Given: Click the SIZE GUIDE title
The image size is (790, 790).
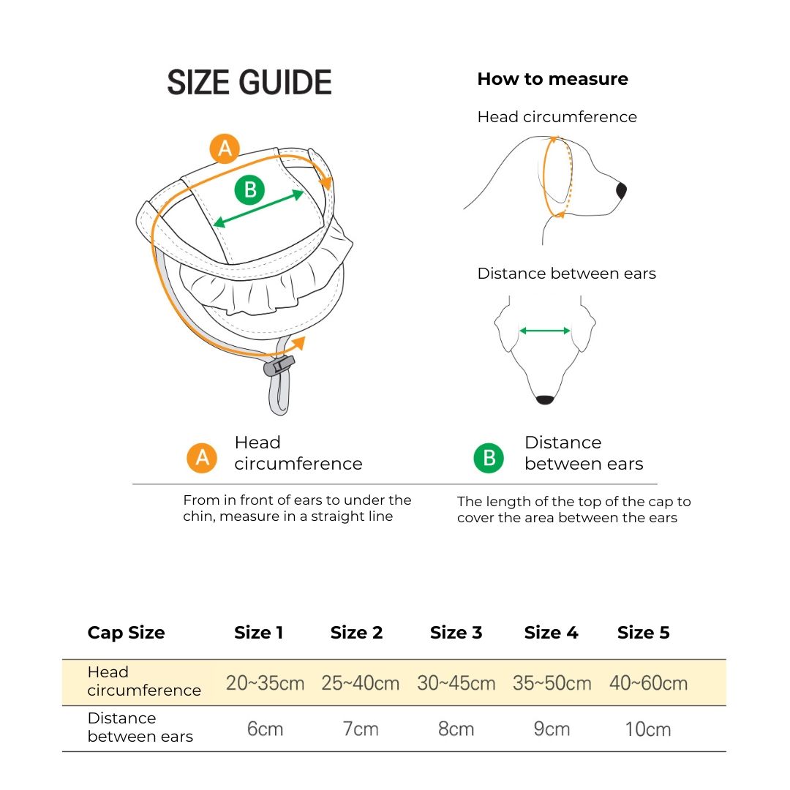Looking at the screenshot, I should [249, 83].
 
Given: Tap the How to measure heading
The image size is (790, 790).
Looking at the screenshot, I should [552, 79].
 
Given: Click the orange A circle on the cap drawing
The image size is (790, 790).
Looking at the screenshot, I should [225, 148].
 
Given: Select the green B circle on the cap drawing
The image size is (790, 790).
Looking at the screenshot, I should [249, 190].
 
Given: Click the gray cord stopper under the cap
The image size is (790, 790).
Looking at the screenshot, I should [279, 365].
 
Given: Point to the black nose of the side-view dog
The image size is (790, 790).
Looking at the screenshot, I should [621, 191].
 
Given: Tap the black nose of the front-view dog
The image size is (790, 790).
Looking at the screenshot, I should [545, 399].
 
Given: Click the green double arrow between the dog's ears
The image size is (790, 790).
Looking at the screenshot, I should [545, 331].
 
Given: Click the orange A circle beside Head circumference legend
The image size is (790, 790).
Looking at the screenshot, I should [202, 458].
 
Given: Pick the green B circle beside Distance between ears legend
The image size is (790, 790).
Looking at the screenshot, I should [489, 458].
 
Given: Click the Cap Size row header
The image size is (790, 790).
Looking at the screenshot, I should [126, 633].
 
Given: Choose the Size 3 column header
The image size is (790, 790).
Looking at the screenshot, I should [456, 633].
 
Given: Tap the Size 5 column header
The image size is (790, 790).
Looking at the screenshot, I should [643, 633].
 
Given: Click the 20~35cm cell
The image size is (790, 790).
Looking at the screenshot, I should [265, 683].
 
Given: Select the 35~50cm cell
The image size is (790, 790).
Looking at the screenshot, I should [552, 683].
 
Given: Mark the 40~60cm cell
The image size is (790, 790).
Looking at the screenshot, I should [648, 683].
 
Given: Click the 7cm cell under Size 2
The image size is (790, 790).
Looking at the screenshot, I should [361, 729].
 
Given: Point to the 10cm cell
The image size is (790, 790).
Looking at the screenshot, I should [647, 729].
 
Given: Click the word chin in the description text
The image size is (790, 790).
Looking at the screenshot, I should [199, 516].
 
